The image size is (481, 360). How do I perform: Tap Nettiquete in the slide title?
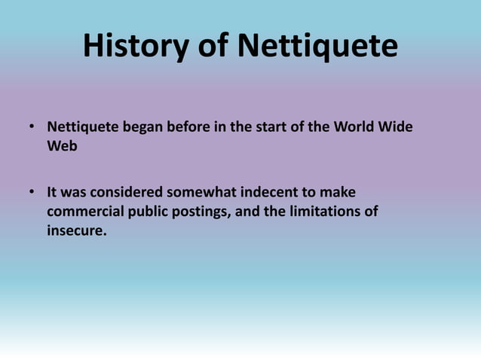317,47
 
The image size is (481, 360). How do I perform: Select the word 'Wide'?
396,127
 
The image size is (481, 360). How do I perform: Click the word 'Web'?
62,146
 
